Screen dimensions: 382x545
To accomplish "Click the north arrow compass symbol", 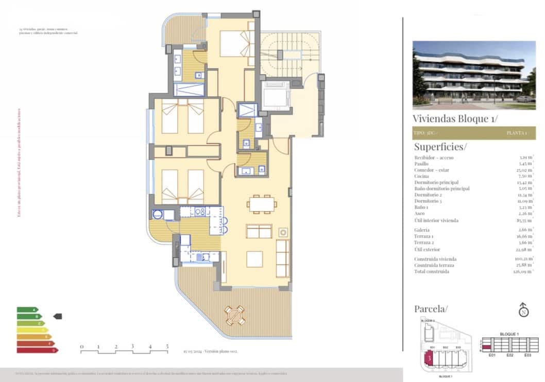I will pyautogui.click(x=523, y=311).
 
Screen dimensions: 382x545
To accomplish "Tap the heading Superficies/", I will pyautogui.click(x=440, y=147).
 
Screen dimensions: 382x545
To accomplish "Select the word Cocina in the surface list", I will pyautogui.click(x=421, y=176).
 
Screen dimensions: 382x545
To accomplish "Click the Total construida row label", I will pyautogui.click(x=431, y=271).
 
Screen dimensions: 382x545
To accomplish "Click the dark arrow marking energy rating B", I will pyautogui.click(x=58, y=316).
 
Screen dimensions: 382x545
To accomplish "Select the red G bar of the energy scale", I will pyautogui.click(x=37, y=350).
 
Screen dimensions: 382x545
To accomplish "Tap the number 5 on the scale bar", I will pyautogui.click(x=167, y=346).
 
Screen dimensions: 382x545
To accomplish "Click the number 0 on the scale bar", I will pyautogui.click(x=81, y=346).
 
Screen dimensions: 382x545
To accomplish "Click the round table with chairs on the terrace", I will pyautogui.click(x=235, y=315).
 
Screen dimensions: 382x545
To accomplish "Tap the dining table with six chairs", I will pyautogui.click(x=262, y=204).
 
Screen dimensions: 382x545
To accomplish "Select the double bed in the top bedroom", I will pyautogui.click(x=234, y=44).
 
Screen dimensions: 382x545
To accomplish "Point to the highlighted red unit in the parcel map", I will pyautogui.click(x=428, y=358).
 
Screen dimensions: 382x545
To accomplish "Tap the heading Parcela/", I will pyautogui.click(x=431, y=309).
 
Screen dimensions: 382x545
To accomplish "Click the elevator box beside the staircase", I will pyautogui.click(x=276, y=96).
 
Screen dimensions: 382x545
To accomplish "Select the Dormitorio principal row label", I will pyautogui.click(x=436, y=182).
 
